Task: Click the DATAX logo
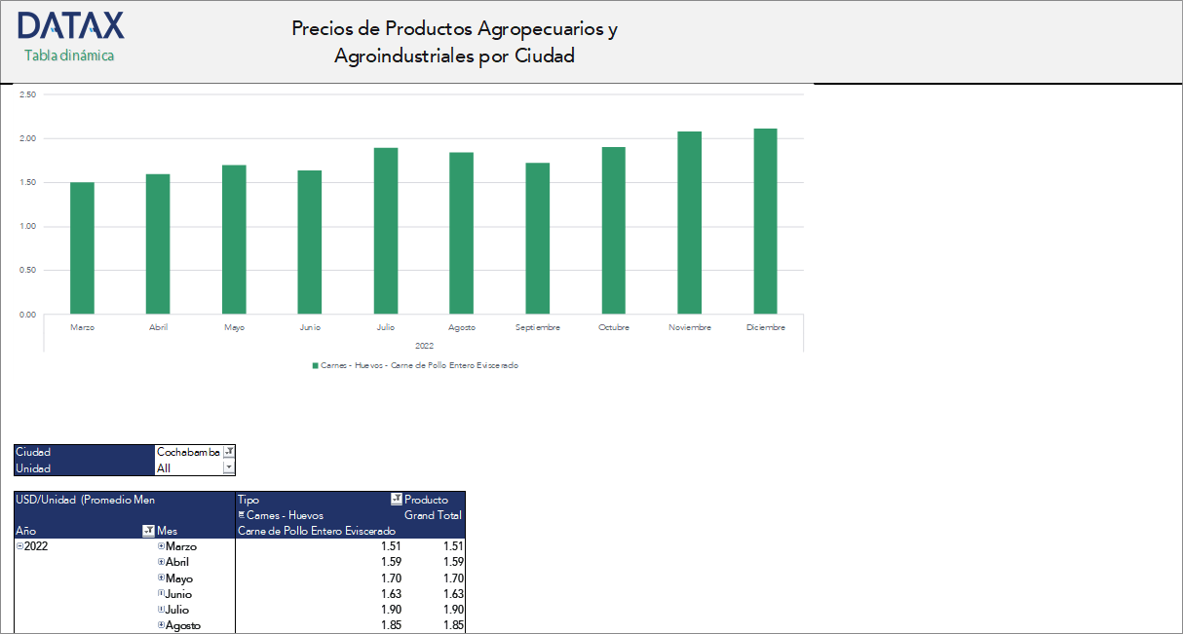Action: [70, 26]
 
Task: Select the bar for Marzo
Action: [83, 248]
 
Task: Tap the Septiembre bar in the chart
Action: [538, 239]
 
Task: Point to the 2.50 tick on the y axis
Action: [27, 94]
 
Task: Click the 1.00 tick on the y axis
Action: [27, 227]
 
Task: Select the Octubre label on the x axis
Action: [614, 327]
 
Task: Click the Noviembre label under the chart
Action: [690, 327]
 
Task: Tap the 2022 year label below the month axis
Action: [424, 346]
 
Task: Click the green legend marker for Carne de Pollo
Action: [315, 365]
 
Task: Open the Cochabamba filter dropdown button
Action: [229, 452]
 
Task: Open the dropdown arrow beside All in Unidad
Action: [229, 467]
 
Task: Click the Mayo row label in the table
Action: [179, 578]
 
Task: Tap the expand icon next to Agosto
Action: [161, 625]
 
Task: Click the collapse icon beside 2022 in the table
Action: [19, 546]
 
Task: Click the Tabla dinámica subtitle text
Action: [69, 56]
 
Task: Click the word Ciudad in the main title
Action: [544, 56]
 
